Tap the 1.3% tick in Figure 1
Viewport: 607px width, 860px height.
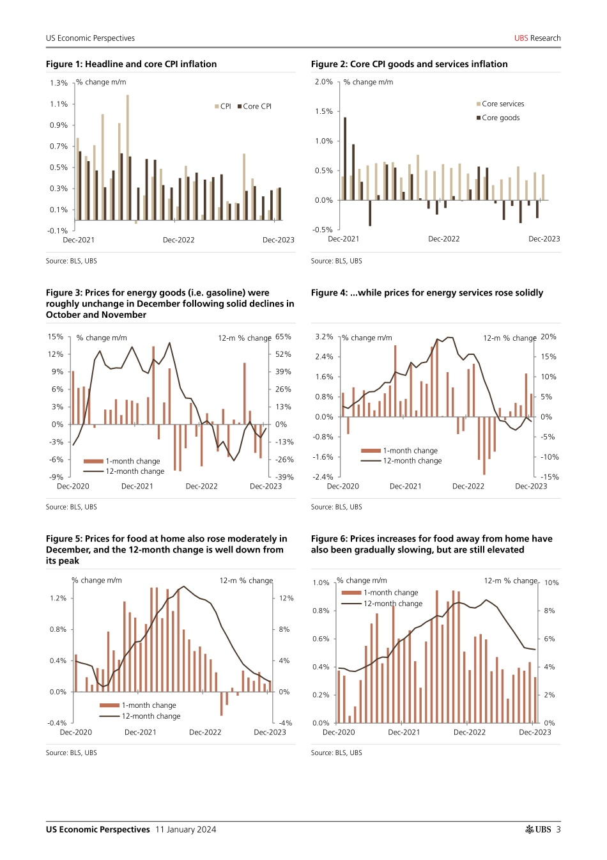click(59, 83)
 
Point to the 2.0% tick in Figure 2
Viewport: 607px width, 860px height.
click(324, 82)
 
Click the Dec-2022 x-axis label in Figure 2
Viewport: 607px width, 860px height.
click(443, 239)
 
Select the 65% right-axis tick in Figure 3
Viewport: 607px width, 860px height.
click(283, 337)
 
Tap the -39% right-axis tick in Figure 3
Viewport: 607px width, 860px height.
click(284, 477)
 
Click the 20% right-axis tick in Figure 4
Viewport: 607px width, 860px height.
click(548, 337)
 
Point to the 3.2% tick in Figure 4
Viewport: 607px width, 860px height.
click(324, 337)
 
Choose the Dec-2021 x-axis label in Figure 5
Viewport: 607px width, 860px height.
click(140, 732)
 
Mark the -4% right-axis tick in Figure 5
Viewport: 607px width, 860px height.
click(285, 723)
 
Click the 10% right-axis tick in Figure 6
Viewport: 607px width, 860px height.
click(551, 582)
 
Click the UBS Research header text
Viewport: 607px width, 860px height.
click(537, 38)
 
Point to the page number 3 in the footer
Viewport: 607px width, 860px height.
click(558, 829)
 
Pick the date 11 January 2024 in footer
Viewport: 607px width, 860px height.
click(185, 829)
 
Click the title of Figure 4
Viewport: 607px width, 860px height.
click(427, 293)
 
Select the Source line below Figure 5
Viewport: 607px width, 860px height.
click(72, 753)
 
